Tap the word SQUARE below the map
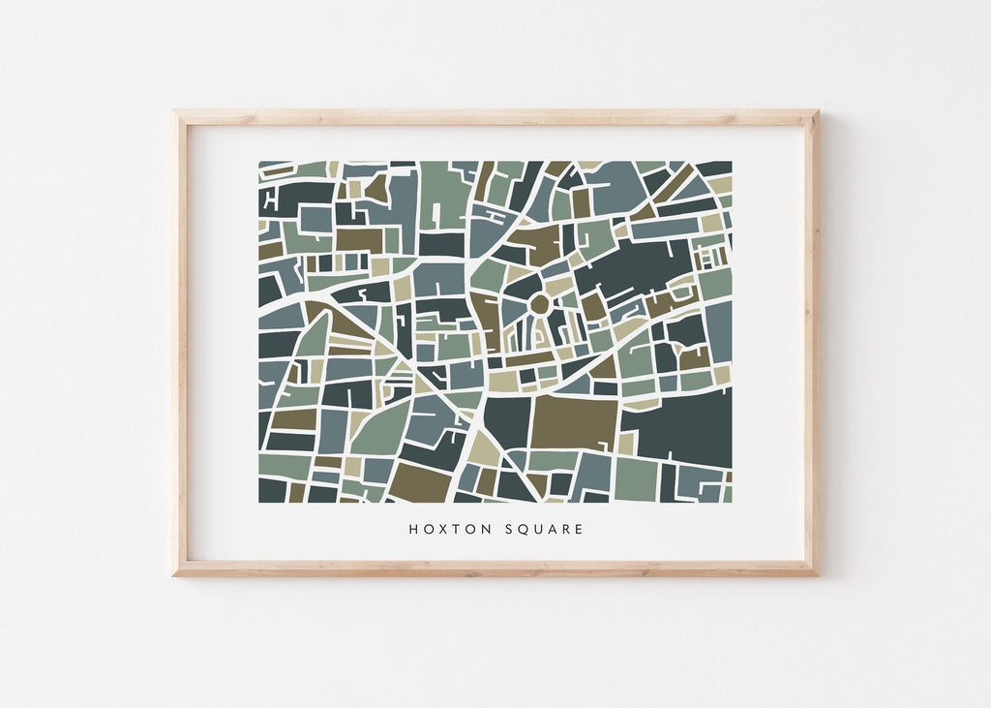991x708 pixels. point(542,530)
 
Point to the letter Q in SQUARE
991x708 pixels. point(521,530)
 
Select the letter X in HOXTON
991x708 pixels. point(439,530)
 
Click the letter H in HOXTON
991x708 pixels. point(412,530)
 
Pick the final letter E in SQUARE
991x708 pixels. point(579,530)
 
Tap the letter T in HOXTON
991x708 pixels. point(453,530)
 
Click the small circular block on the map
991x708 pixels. point(539,304)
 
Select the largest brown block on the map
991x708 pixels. point(574,422)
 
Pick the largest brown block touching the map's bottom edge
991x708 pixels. point(421,480)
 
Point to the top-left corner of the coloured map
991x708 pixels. point(259,162)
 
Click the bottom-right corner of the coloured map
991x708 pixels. point(732,502)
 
